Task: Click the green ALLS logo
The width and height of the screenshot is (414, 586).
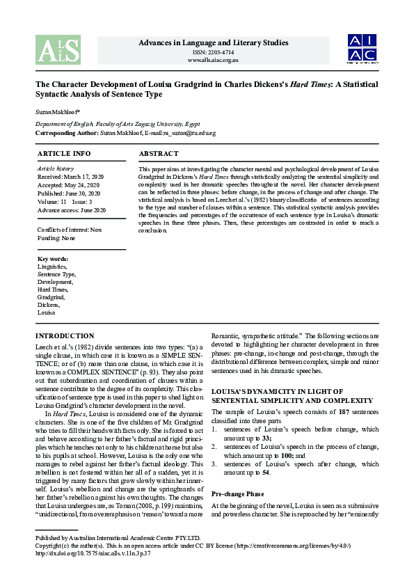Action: [58, 49]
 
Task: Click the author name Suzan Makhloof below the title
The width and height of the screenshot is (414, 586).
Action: [56, 111]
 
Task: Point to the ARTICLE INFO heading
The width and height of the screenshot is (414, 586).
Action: [63, 153]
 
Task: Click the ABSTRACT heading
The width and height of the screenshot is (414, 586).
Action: [159, 153]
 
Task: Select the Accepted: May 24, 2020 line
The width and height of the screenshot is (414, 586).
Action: [67, 185]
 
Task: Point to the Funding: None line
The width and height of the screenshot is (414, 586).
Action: [56, 238]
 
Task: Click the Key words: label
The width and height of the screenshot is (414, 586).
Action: [53, 259]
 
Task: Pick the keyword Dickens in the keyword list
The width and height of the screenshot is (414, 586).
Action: [49, 305]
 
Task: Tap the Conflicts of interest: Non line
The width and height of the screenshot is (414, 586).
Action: [69, 230]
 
